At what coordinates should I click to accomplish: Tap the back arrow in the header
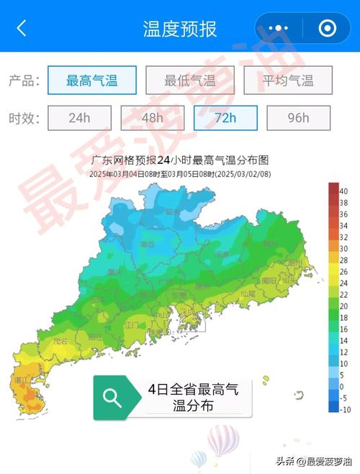pyautogui.click(x=22, y=28)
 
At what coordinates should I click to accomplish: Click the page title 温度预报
pyautogui.click(x=179, y=29)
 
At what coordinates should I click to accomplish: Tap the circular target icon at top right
pyautogui.click(x=328, y=29)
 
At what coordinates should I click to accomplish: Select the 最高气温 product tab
pyautogui.click(x=91, y=81)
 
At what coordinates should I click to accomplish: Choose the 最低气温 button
pyautogui.click(x=189, y=81)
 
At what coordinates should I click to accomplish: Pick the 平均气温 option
pyautogui.click(x=287, y=81)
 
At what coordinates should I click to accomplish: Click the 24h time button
pyautogui.click(x=79, y=118)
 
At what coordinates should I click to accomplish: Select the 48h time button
pyautogui.click(x=152, y=118)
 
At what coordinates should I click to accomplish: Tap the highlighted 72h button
pyautogui.click(x=225, y=118)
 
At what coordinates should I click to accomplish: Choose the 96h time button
pyautogui.click(x=298, y=118)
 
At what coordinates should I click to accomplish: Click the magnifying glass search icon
pyautogui.click(x=113, y=398)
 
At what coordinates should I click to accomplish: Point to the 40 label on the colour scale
pyautogui.click(x=343, y=191)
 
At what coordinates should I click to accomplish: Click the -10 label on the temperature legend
pyautogui.click(x=343, y=410)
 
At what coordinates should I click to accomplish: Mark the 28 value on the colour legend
pyautogui.click(x=343, y=260)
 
